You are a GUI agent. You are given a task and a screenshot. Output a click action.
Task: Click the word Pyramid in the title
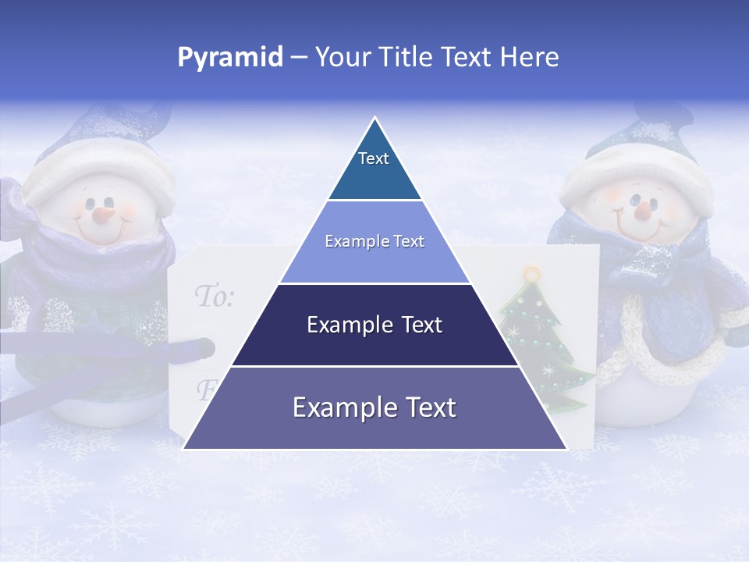(230, 58)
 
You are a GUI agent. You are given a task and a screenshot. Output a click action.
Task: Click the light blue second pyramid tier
(374, 242)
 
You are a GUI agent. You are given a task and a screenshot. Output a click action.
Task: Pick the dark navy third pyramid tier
(374, 325)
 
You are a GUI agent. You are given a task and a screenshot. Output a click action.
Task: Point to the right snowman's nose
(642, 209)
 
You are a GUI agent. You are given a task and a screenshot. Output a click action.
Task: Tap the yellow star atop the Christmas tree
(532, 274)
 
